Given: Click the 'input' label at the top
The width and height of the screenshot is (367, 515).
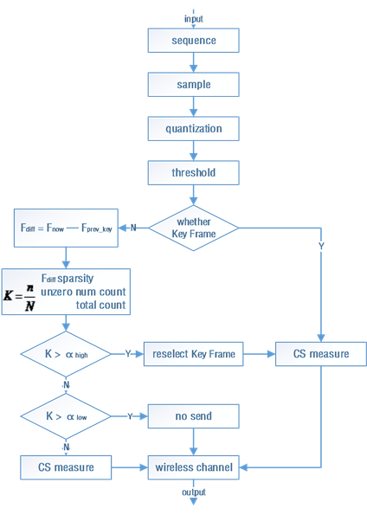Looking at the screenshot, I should [x=193, y=18].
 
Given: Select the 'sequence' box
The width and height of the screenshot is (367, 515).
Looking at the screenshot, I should [x=193, y=40].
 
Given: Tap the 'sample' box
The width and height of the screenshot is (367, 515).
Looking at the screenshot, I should [x=193, y=84].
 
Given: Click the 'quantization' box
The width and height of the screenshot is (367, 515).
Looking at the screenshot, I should [x=193, y=128].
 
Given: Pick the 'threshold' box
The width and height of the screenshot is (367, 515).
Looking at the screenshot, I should [x=193, y=172].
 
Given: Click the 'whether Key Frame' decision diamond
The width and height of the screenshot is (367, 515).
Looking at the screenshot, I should [x=193, y=228].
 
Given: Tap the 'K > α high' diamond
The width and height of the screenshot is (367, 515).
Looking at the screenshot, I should [x=66, y=354].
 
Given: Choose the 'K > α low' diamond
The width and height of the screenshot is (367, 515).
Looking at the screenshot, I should [x=66, y=416].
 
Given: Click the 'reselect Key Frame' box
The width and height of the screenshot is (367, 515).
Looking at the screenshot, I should [x=193, y=354].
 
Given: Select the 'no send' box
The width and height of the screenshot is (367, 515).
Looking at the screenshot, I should [x=193, y=416].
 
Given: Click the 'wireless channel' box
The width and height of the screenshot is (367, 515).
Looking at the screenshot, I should [x=193, y=467].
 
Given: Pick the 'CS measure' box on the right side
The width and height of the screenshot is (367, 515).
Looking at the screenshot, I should [x=321, y=354].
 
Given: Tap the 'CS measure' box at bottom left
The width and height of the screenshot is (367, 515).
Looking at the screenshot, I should [x=66, y=467].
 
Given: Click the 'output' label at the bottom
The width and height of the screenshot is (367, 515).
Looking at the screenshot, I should [x=193, y=492].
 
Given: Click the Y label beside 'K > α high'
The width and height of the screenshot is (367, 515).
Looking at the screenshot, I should [x=128, y=354].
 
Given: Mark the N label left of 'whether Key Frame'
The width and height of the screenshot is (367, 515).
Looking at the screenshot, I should [x=132, y=228].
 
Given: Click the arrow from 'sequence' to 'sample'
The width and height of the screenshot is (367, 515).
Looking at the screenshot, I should [x=193, y=62].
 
